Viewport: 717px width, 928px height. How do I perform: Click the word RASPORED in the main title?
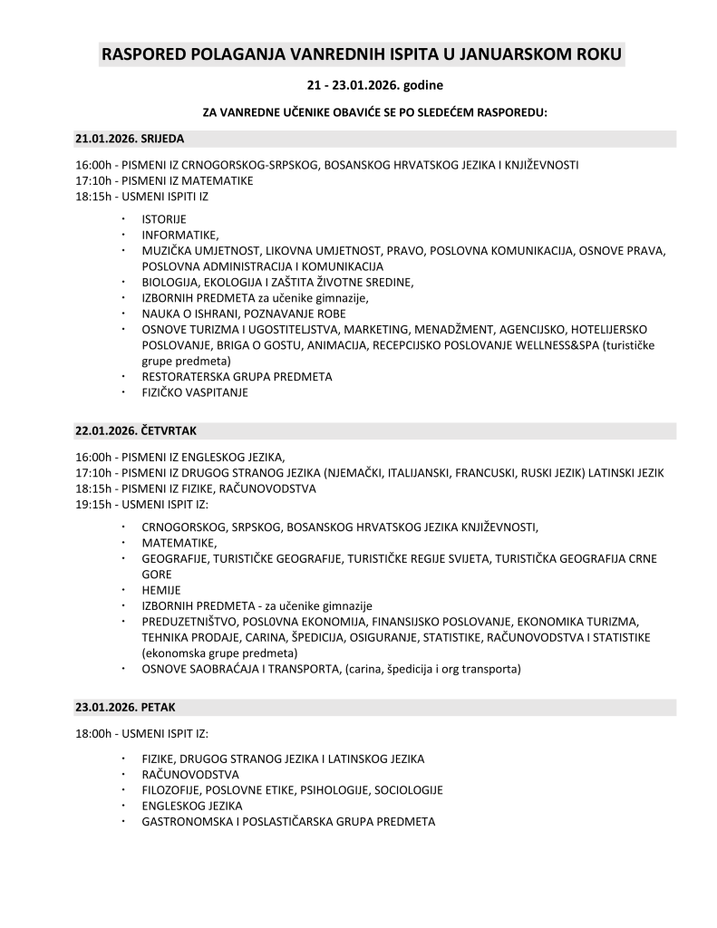pyautogui.click(x=144, y=54)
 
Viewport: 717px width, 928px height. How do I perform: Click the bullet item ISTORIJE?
pyautogui.click(x=163, y=219)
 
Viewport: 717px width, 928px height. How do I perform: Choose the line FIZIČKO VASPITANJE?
pyautogui.click(x=194, y=392)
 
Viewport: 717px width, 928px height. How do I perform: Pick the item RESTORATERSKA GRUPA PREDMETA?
pyautogui.click(x=237, y=376)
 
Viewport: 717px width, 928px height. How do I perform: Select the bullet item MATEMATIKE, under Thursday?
pyautogui.click(x=179, y=543)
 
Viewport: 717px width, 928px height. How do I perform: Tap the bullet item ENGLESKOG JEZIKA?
pyautogui.click(x=192, y=806)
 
